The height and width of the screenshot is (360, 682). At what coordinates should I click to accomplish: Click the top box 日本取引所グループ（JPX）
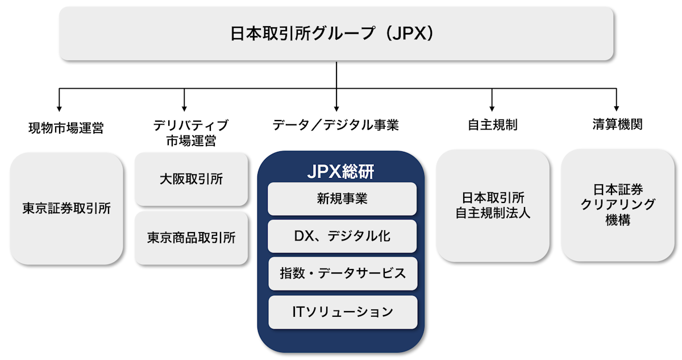click(x=336, y=34)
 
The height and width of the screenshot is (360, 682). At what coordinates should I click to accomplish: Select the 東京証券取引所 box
click(x=66, y=208)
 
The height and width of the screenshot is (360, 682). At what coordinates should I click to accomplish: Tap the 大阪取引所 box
click(x=191, y=179)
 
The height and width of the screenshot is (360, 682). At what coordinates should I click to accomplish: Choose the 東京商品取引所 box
click(x=191, y=238)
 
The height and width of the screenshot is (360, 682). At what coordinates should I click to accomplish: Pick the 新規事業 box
click(x=342, y=199)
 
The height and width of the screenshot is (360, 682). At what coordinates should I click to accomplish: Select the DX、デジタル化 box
click(x=342, y=236)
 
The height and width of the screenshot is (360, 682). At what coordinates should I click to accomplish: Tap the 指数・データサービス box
click(x=342, y=273)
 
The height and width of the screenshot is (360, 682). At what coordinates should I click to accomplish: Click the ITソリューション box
click(x=342, y=312)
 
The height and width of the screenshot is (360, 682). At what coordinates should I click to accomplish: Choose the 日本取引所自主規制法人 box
click(x=492, y=206)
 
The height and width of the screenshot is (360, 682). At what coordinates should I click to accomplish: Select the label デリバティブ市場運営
click(x=191, y=133)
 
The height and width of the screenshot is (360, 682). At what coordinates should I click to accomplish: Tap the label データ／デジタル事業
click(x=336, y=125)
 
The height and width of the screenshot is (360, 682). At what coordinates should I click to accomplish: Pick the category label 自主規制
click(x=492, y=125)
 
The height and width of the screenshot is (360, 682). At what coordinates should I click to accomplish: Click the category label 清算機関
click(x=617, y=125)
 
